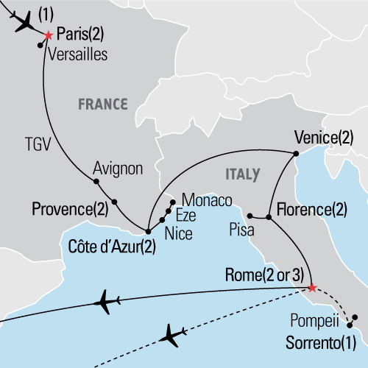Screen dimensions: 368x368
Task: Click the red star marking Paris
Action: click(x=49, y=35)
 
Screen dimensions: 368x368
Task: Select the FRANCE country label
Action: click(x=103, y=104)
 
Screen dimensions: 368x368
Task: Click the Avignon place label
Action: click(x=118, y=169)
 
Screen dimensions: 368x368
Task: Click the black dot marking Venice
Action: click(x=295, y=153)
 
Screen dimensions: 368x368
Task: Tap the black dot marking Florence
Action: click(x=269, y=217)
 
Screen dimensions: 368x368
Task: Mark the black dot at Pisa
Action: click(x=250, y=216)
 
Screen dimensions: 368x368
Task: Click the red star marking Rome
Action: click(x=311, y=287)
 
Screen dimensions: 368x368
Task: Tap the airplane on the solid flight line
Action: click(x=108, y=301)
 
